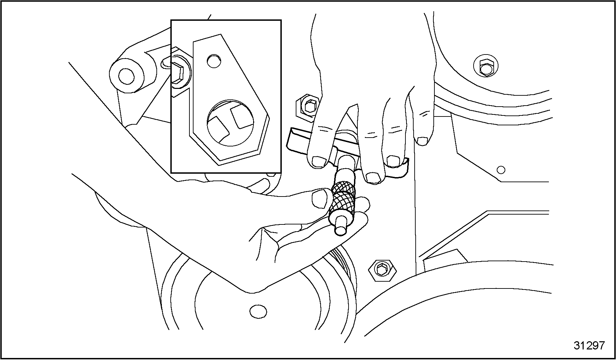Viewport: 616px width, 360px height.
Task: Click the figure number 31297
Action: click(x=589, y=345)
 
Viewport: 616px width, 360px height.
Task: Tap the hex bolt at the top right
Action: click(x=486, y=67)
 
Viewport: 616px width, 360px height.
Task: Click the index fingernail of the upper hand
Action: click(x=319, y=161)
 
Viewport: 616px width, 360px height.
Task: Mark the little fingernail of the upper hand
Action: click(x=423, y=141)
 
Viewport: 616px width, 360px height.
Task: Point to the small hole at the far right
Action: click(x=501, y=169)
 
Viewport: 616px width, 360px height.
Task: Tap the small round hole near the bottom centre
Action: click(x=258, y=311)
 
